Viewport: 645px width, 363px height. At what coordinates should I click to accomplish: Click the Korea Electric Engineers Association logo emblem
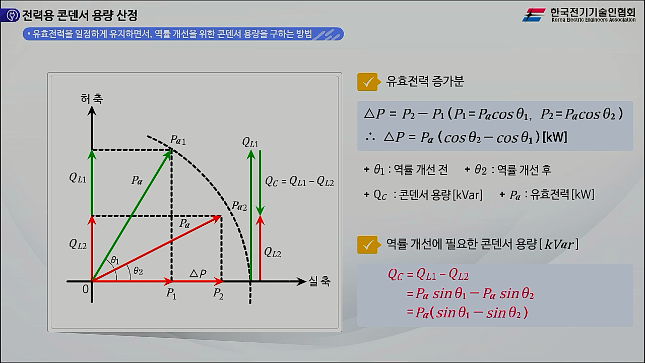534,15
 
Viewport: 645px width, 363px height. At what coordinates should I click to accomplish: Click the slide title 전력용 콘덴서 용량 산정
79,16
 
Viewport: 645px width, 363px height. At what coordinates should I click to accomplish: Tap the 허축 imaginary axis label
91,99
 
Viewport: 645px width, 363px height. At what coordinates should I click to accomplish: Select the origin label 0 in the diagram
85,289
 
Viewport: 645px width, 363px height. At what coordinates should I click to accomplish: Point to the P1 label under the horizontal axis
171,294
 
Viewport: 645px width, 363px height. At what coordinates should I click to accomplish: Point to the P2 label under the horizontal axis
218,294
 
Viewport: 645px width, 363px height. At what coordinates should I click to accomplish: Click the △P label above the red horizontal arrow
198,274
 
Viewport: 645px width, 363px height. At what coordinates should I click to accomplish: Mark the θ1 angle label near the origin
115,260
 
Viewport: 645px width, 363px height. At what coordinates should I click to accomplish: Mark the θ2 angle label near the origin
138,271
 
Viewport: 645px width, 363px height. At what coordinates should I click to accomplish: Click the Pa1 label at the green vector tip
177,140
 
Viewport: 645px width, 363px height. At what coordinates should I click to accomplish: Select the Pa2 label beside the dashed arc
239,205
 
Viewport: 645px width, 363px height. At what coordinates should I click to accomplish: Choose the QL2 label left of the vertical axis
78,244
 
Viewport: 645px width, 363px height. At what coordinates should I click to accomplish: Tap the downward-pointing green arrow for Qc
260,181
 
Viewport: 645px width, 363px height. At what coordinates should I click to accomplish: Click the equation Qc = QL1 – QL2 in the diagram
299,182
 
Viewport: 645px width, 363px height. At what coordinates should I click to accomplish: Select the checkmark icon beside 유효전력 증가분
367,82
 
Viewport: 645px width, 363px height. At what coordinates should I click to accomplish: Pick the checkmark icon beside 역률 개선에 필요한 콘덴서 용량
367,245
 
